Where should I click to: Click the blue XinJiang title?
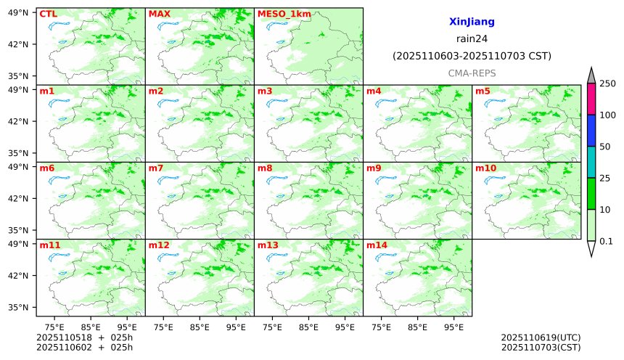472,22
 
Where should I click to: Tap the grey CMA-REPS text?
472,73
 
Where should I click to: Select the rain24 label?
472,38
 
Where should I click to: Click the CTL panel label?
48,14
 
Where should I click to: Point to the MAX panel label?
159,14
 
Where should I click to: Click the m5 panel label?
483,91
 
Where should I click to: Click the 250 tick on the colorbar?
606,83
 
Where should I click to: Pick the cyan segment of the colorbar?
591,162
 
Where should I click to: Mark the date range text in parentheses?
472,56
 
